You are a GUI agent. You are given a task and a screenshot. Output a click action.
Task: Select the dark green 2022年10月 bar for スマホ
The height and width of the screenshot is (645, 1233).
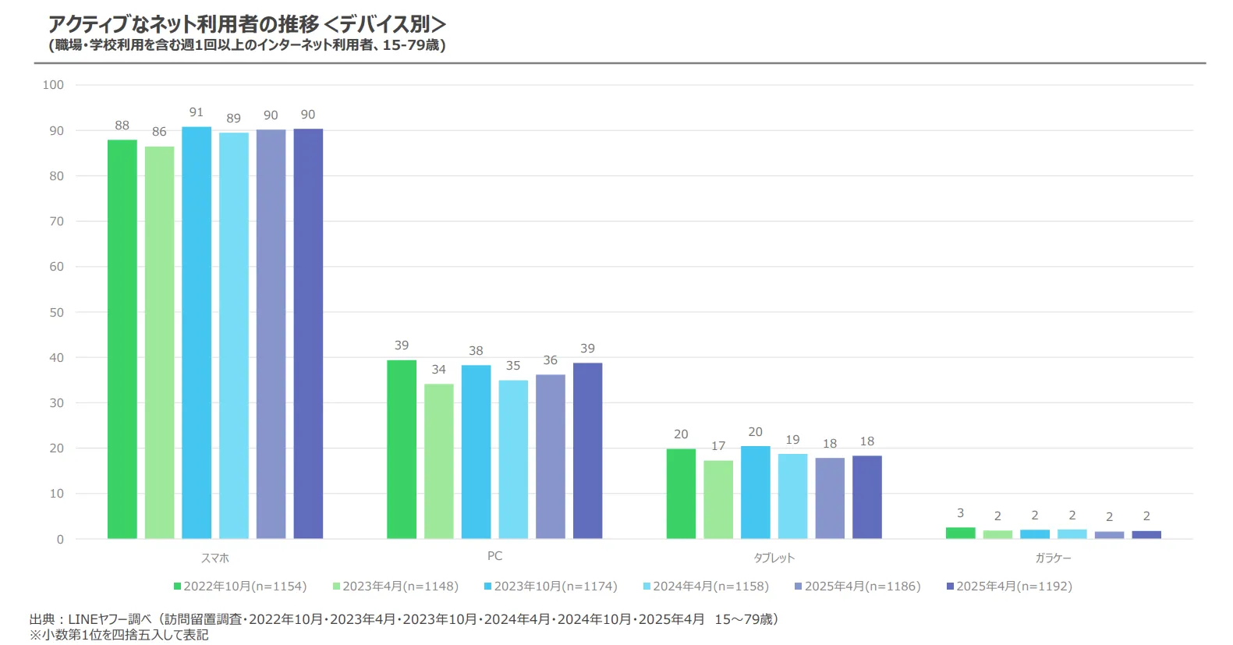click(122, 339)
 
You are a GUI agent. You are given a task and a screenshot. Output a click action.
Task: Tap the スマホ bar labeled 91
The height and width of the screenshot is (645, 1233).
click(197, 332)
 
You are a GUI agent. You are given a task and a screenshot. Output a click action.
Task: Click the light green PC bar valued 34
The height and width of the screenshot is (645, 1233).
click(439, 461)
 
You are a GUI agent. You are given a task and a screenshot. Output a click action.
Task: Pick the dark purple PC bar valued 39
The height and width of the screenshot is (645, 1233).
click(587, 451)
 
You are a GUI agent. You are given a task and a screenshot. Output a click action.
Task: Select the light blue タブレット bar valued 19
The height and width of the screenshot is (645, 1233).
click(792, 496)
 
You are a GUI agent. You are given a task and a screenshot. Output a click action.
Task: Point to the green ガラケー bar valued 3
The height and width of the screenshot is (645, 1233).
click(960, 533)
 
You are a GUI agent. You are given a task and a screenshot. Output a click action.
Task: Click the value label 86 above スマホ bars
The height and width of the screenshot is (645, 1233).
click(159, 132)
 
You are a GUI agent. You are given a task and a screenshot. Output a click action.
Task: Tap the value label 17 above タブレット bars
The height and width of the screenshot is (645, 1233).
click(718, 446)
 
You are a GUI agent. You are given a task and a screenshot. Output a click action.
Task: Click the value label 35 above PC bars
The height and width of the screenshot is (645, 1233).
click(513, 366)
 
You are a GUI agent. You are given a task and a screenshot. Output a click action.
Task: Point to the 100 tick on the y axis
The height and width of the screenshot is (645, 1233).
click(53, 85)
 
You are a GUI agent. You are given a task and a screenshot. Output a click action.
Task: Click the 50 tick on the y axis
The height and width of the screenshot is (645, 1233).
click(56, 312)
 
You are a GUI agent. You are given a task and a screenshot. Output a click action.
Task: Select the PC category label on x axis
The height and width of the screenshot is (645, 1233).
click(494, 556)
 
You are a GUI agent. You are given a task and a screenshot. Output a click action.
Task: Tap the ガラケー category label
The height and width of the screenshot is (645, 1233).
click(1053, 558)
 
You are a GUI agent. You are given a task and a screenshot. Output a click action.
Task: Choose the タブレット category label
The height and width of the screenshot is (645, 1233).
click(774, 558)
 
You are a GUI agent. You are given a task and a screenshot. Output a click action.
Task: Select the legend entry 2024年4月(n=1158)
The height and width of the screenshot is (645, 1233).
click(706, 586)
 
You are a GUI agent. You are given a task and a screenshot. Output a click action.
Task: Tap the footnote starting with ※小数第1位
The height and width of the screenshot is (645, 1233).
click(119, 635)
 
